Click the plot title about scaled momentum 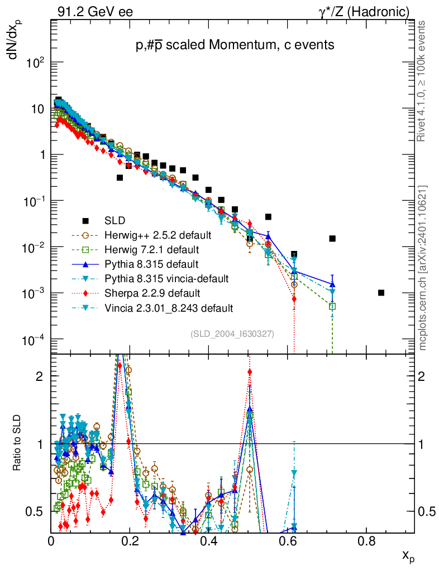[x=235, y=46]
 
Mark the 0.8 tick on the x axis [x=366, y=540]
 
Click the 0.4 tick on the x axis [x=209, y=540]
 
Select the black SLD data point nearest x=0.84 [x=381, y=293]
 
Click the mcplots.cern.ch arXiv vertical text [x=423, y=268]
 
